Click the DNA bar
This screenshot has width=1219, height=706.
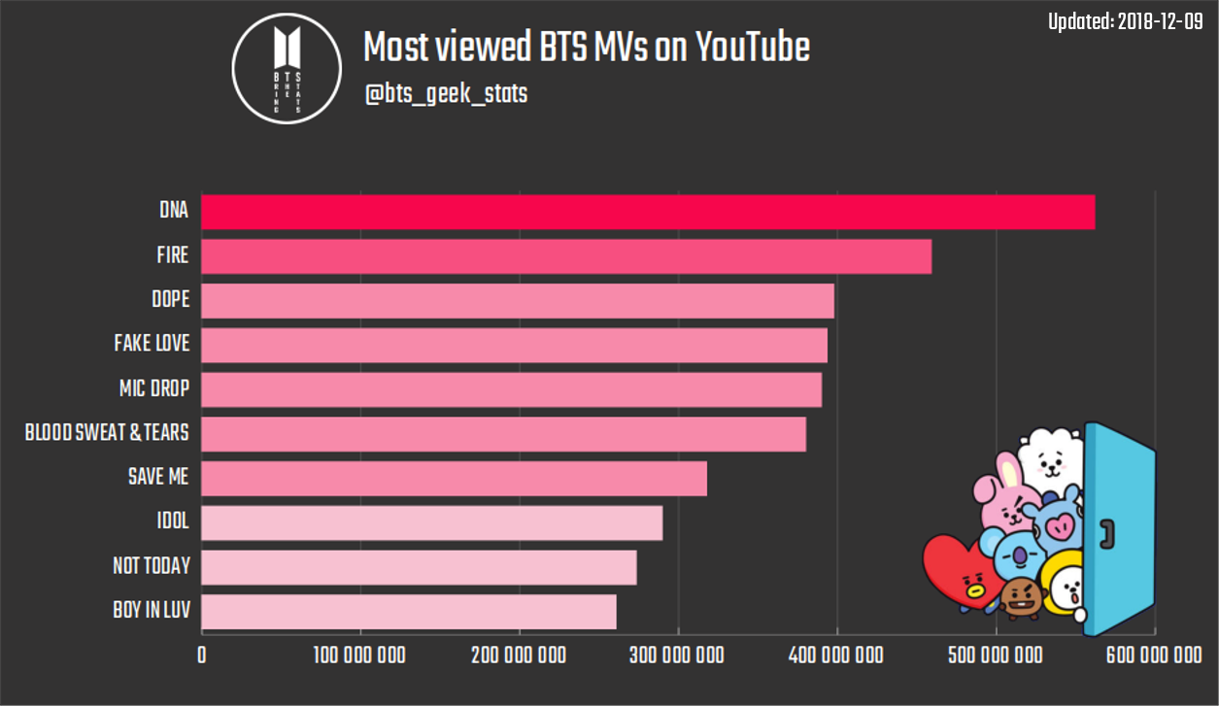click(x=648, y=212)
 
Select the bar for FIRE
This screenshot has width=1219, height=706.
click(x=566, y=256)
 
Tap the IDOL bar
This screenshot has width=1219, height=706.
click(x=432, y=522)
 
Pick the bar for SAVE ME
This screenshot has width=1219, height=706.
click(x=455, y=479)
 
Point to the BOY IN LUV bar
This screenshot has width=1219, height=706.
click(x=409, y=612)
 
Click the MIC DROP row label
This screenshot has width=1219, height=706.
click(x=154, y=389)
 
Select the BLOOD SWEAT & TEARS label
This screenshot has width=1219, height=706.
click(x=107, y=433)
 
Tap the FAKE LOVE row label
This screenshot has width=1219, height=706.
click(x=152, y=344)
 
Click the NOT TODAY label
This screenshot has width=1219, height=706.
click(x=152, y=566)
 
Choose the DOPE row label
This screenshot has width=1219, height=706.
click(x=171, y=299)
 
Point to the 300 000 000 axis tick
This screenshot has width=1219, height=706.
click(x=678, y=656)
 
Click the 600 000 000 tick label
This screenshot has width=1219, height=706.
click(x=1154, y=656)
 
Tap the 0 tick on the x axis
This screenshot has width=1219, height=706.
click(x=202, y=656)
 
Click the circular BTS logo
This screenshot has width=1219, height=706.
click(x=287, y=68)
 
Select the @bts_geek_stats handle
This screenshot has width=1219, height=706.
click(x=446, y=95)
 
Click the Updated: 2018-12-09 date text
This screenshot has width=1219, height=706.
click(x=1126, y=21)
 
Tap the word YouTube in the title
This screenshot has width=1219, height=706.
click(x=753, y=47)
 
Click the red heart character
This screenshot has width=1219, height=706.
click(x=957, y=572)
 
